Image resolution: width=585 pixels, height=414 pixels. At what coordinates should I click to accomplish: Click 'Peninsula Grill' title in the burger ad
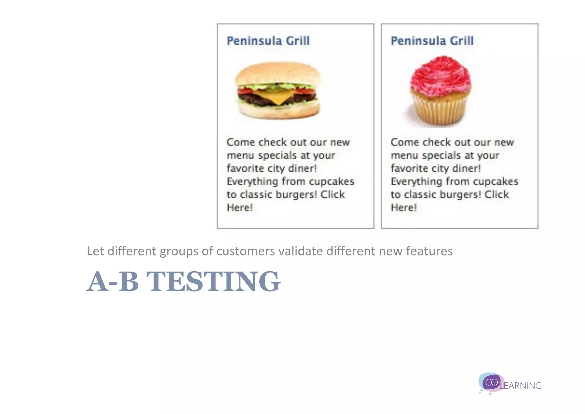pos(268,41)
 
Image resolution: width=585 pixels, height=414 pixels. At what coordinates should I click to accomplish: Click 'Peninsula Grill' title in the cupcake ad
pos(432,41)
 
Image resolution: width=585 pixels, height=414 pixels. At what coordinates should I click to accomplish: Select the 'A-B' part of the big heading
pos(113,282)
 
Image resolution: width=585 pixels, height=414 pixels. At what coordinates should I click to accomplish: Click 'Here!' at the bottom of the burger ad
pos(239,208)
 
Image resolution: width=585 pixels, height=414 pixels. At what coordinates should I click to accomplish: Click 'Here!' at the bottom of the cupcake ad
pos(403,208)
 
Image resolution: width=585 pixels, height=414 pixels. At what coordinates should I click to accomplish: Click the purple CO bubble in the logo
pos(491,383)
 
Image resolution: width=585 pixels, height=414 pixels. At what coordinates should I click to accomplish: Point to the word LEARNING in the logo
pos(520,386)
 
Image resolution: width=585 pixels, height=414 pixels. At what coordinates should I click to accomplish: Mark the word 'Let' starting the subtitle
pos(95,251)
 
